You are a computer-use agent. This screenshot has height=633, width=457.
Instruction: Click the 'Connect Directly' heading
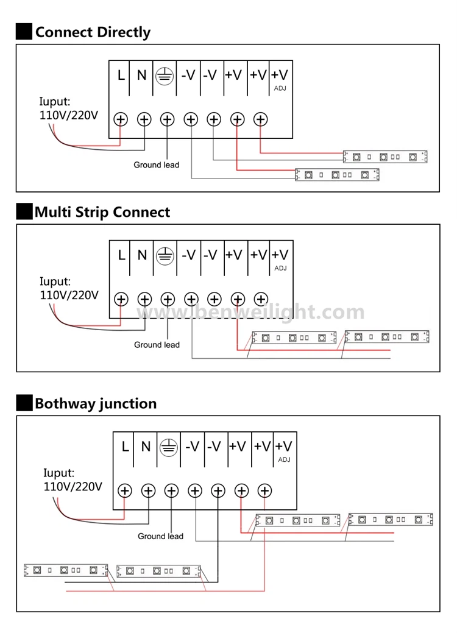pos(93,32)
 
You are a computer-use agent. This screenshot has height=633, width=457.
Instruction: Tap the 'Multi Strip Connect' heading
pos(102,213)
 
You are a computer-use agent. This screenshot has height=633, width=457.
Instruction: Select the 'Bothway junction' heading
pos(96,404)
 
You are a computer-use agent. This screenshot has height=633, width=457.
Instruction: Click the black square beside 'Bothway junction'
pos(24,403)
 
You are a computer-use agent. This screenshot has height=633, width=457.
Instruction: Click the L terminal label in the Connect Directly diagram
pos(121,75)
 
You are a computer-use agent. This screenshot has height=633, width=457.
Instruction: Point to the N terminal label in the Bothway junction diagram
pos(146,447)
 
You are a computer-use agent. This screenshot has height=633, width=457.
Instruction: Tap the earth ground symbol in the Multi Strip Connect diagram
pos(165,256)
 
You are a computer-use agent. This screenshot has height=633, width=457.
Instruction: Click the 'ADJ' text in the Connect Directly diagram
pos(280,88)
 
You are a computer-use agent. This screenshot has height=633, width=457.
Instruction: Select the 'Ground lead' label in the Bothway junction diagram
pos(161,536)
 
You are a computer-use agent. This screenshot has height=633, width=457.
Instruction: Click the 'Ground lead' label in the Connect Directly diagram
pos(157,164)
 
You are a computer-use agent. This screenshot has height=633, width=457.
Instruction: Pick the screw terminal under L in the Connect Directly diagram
pos(121,119)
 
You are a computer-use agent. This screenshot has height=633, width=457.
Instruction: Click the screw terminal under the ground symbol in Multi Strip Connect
pos(168,300)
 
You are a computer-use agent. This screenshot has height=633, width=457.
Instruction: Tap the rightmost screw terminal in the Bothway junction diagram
pos(265,491)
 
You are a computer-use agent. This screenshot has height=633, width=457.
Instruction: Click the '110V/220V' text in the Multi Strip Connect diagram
pos(69,295)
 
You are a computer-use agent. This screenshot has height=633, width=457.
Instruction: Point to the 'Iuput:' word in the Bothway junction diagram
pos(59,473)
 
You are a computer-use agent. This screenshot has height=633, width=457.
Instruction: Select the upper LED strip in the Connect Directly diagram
pos(385,157)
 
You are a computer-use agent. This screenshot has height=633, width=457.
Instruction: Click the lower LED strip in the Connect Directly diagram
pos(337,175)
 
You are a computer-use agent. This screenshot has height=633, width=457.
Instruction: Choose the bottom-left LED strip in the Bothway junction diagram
pos(66,570)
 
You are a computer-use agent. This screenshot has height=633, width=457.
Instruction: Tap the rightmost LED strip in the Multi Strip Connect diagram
pos(387,337)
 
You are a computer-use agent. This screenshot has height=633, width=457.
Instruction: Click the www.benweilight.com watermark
pos(250,312)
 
